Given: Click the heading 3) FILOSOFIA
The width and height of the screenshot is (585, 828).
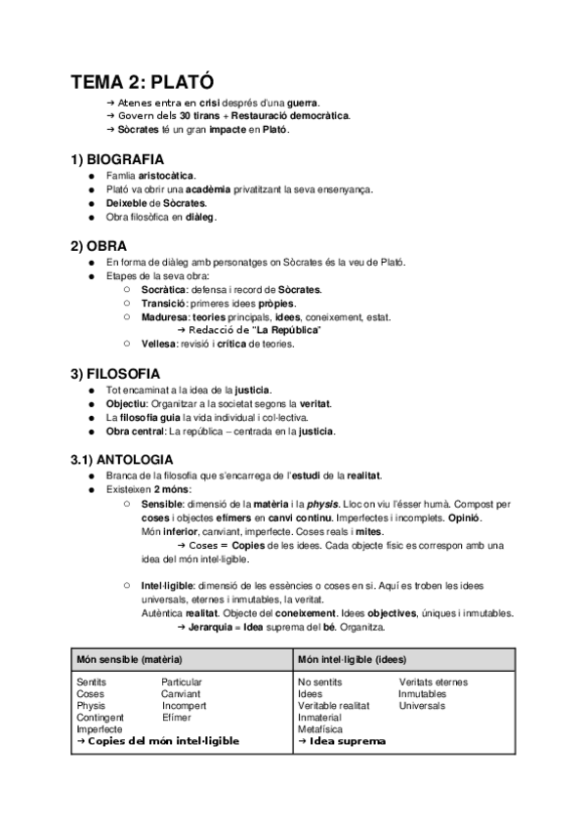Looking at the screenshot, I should pos(115,373).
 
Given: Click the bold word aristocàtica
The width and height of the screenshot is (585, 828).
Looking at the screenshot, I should pos(166,176).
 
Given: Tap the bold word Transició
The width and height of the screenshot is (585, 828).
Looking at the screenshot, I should pos(165,304).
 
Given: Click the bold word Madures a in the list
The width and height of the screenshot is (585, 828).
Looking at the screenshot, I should pos(165,317).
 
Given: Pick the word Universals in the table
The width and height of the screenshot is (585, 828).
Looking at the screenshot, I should pos(422,705).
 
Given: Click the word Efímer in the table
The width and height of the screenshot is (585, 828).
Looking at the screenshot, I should pos(177,718).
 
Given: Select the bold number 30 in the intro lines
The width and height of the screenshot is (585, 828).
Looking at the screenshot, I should pos(186,115).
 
